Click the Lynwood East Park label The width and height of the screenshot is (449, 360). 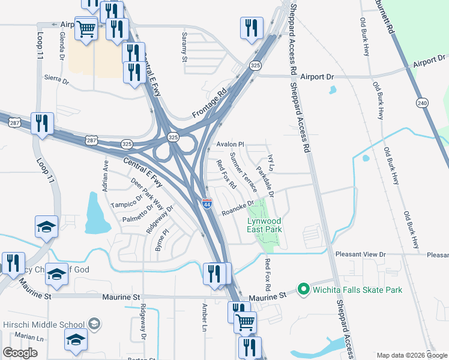click(265, 225)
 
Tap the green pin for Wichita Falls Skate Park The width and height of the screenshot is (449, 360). click(303, 290)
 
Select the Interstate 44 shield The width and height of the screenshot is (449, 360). click(206, 204)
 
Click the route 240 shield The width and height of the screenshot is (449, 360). click(423, 103)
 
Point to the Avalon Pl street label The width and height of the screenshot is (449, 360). click(231, 145)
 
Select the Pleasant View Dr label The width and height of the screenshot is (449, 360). click(360, 254)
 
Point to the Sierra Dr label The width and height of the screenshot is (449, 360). click(57, 79)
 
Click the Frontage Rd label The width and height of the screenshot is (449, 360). click(212, 104)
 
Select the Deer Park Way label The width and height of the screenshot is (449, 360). click(146, 193)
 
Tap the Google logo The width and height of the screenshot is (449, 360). click(20, 353)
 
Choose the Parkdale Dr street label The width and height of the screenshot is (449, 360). click(265, 182)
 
